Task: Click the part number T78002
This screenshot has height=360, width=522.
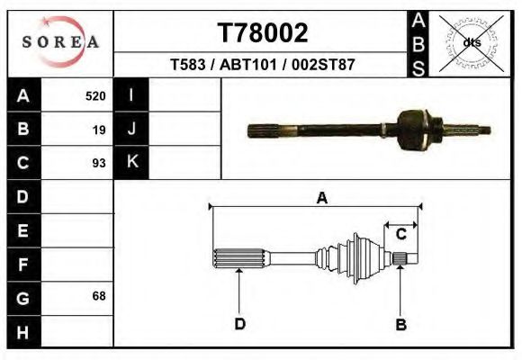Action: click(263, 33)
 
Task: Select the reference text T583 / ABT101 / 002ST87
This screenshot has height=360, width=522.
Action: click(263, 65)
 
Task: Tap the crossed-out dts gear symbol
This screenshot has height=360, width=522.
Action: click(471, 42)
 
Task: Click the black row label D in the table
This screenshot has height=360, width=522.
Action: click(23, 196)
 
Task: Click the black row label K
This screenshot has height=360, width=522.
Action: click(131, 163)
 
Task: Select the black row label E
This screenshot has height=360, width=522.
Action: click(23, 230)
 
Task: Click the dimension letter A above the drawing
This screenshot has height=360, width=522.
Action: click(321, 199)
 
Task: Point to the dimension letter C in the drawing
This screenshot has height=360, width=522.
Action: click(401, 234)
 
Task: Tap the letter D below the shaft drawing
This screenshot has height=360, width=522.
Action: click(239, 324)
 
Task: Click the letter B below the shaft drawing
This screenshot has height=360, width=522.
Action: click(401, 324)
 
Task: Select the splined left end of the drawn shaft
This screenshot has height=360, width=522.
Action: click(238, 260)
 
